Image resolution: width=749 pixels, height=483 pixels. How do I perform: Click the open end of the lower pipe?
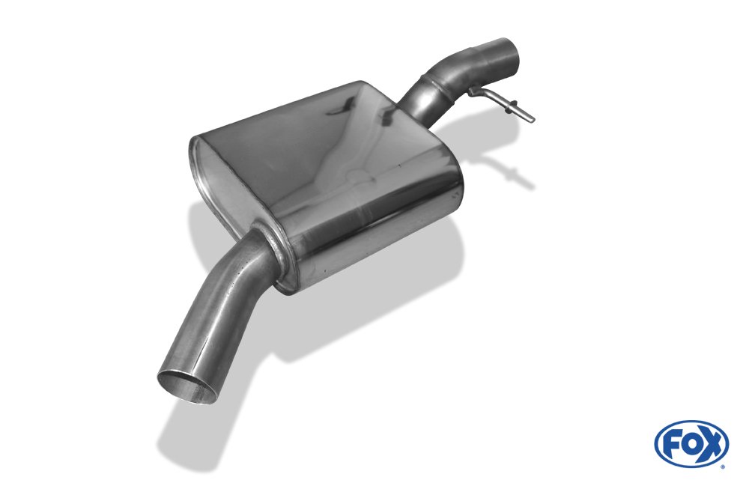pyautogui.click(x=188, y=386)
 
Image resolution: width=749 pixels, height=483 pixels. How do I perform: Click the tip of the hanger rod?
pyautogui.click(x=531, y=119)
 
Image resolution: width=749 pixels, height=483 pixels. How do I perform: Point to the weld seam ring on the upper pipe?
pyautogui.click(x=436, y=86)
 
